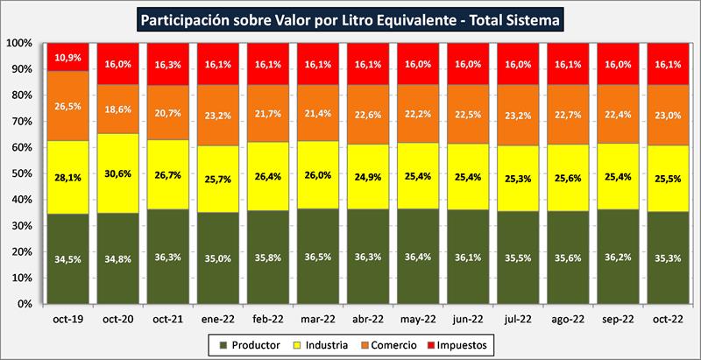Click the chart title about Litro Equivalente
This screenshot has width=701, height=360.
point(350,18)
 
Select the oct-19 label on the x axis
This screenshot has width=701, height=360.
point(68,320)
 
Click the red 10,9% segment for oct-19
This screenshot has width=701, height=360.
point(68,57)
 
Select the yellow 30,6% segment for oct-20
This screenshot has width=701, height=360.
point(120,173)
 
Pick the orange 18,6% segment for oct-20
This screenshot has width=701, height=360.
point(120,109)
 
